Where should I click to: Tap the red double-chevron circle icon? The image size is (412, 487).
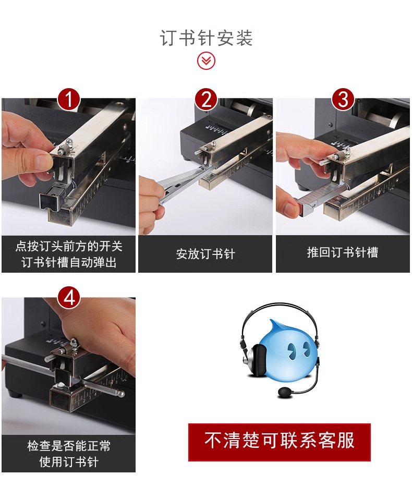pos(206,61)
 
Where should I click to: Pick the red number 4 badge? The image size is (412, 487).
pos(69,298)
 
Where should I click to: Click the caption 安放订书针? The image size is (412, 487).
pos(205,254)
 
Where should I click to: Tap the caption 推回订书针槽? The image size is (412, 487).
pos(342,252)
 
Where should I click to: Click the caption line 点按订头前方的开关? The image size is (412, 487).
pos(69,246)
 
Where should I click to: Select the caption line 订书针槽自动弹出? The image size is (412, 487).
pos(69,262)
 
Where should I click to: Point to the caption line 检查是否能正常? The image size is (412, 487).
pos(69,446)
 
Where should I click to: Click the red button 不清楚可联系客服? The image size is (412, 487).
pos(279,441)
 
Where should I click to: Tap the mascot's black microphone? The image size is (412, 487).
pos(286,392)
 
